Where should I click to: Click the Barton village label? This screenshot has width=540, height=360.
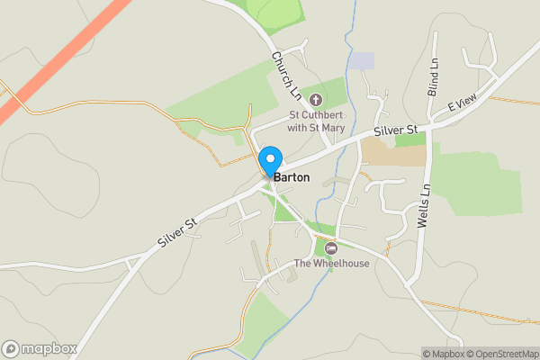(292, 177)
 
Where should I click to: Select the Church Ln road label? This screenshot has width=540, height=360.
(286, 75)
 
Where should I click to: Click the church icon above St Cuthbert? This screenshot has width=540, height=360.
(315, 99)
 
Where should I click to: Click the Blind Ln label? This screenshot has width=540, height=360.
(434, 78)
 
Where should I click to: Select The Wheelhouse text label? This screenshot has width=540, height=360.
(331, 264)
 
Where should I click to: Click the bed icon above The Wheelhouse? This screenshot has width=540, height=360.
(331, 247)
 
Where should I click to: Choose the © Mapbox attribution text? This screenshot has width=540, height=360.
(442, 354)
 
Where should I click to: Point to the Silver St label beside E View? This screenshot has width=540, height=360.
(397, 131)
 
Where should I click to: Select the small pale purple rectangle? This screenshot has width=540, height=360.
(361, 61)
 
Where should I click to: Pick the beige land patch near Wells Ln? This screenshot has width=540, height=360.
(393, 153)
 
